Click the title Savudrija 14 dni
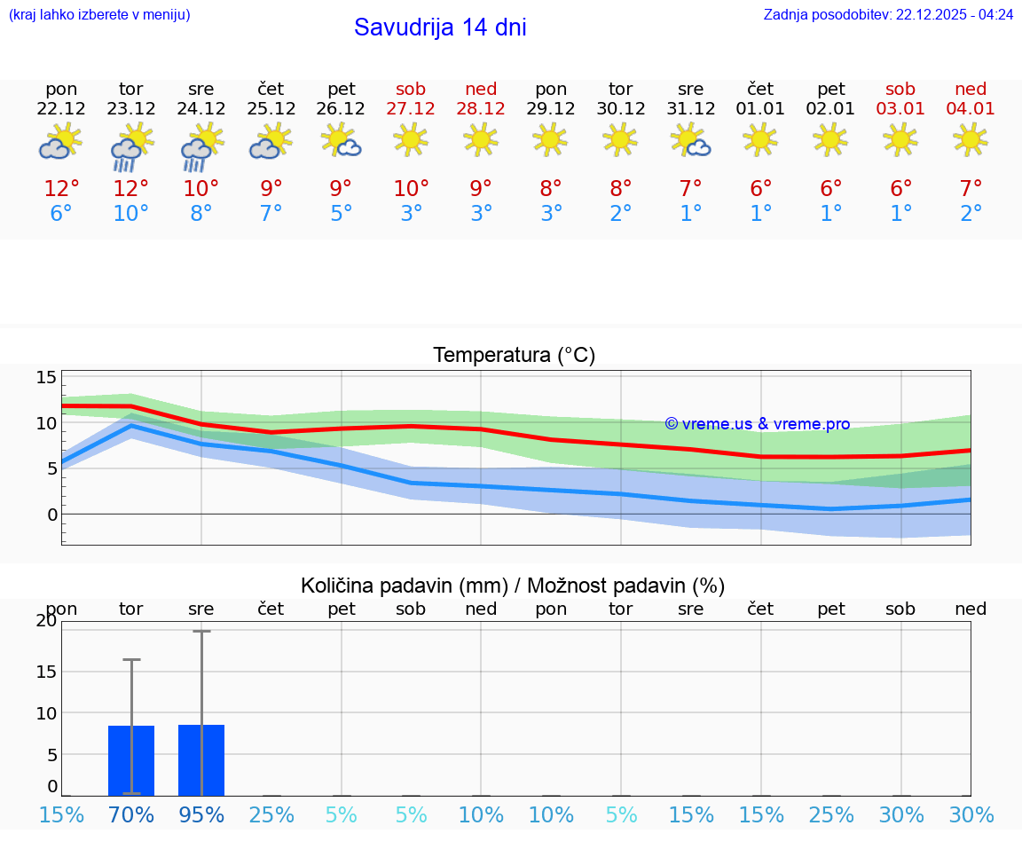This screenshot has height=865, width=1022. pyautogui.click(x=440, y=28)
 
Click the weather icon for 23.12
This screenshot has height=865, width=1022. pyautogui.click(x=131, y=146)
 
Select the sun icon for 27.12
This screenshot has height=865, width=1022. pyautogui.click(x=411, y=139)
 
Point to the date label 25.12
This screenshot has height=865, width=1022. pyautogui.click(x=271, y=108)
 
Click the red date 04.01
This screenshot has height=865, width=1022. pyautogui.click(x=971, y=108)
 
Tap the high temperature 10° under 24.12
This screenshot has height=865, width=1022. pyautogui.click(x=201, y=188)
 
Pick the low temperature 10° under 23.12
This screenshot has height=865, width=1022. pyautogui.click(x=131, y=214)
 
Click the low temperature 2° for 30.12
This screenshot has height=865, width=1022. pyautogui.click(x=621, y=214)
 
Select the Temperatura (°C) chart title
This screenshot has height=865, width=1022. pyautogui.click(x=514, y=355)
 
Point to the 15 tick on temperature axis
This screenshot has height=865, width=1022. pyautogui.click(x=46, y=378)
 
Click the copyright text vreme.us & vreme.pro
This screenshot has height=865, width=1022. pyautogui.click(x=757, y=424)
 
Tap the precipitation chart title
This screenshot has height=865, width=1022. pyautogui.click(x=513, y=586)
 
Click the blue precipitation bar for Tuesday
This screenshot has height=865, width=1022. pyautogui.click(x=131, y=760)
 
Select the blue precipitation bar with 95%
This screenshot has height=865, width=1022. pyautogui.click(x=201, y=760)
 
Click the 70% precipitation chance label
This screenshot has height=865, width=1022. pyautogui.click(x=131, y=814)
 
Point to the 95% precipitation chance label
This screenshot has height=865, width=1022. pyautogui.click(x=201, y=814)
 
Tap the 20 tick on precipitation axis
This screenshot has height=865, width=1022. pyautogui.click(x=46, y=620)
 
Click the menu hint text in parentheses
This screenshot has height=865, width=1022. pyautogui.click(x=99, y=14)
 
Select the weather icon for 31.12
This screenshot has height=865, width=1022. pyautogui.click(x=690, y=140)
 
